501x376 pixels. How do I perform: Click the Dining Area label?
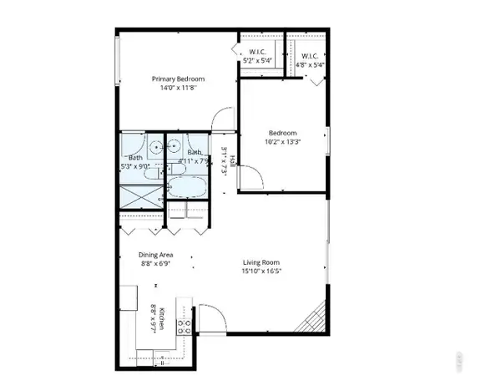[x=156, y=256]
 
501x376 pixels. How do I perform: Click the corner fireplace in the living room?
[x=315, y=318]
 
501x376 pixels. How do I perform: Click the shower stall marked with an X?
[x=138, y=196]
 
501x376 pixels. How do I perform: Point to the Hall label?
[x=233, y=160]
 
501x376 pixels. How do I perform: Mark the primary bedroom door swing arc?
[x=220, y=119]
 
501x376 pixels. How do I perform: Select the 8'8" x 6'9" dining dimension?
[x=156, y=264]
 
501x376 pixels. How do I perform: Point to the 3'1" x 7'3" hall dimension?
[x=224, y=160]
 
